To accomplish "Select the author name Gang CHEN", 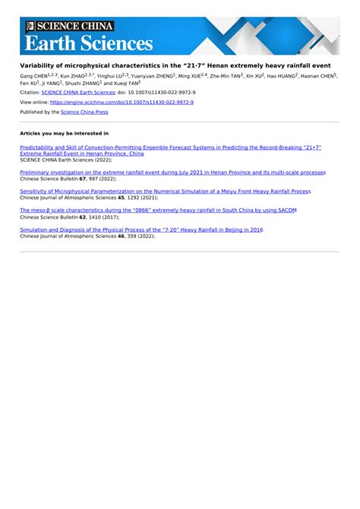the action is pos(33,77).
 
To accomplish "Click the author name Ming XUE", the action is pos(191,77).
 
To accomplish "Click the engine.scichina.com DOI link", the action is pos(122,102).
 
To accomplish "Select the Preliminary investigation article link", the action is pos(172,172).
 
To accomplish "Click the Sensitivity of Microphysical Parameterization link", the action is pos(165,191).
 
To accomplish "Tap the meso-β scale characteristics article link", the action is pos(157,210).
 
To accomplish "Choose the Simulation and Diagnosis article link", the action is pos(141,229).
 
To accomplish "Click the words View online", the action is pos(34,102).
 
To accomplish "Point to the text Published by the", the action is pos(39,112).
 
